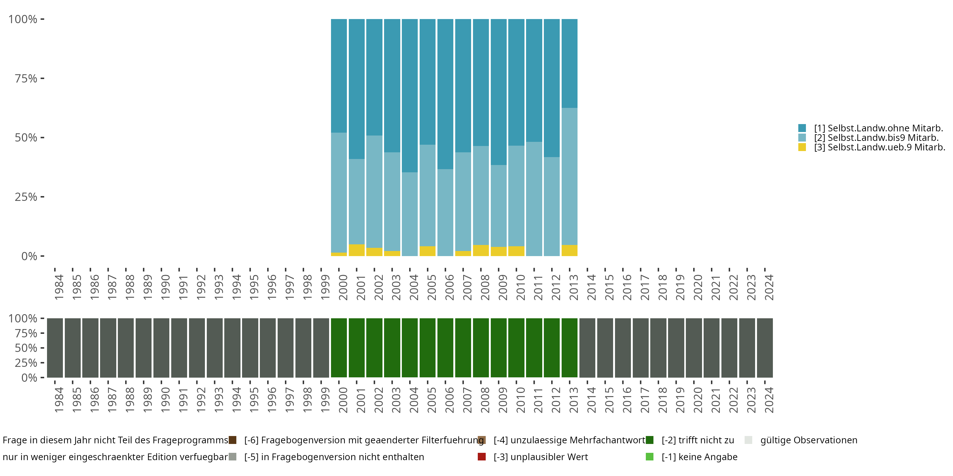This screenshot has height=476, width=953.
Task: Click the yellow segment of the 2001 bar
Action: (357, 250)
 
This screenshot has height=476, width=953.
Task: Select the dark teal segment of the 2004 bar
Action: (410, 95)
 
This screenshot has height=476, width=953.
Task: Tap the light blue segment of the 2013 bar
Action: (569, 176)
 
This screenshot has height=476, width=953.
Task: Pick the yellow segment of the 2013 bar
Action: (569, 251)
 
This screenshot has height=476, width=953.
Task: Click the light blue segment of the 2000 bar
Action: (339, 192)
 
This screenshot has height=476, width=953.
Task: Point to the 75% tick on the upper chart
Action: (42, 78)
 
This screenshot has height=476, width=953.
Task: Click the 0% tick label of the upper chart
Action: (29, 256)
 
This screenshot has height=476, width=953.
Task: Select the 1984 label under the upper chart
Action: (59, 287)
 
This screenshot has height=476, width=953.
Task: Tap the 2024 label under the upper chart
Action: (769, 287)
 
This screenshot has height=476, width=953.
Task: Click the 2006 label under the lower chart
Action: (449, 400)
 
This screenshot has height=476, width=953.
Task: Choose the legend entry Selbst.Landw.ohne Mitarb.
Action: (878, 128)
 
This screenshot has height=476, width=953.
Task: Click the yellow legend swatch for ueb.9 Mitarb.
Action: (802, 147)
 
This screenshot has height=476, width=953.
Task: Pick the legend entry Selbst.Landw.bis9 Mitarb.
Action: (876, 138)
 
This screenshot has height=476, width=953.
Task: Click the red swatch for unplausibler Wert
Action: (482, 457)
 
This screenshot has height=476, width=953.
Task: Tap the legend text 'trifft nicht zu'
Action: (698, 440)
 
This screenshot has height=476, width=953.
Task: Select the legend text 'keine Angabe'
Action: (700, 457)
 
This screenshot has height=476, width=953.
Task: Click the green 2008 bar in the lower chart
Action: (481, 348)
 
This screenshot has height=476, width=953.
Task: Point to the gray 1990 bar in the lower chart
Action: (161, 348)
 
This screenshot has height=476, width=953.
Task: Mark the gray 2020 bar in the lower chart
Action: (694, 348)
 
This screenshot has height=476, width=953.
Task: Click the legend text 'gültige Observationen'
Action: (809, 440)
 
